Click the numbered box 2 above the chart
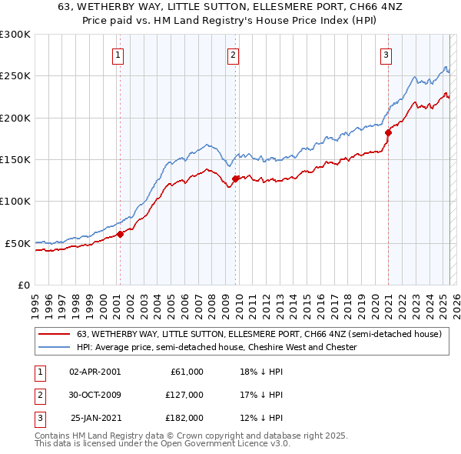coord(232,55)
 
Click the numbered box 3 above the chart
coord(385,55)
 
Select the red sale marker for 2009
coord(236,179)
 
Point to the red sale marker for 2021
coord(388,133)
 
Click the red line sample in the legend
coord(54,335)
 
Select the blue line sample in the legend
coord(54,347)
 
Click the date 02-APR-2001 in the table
coord(95,372)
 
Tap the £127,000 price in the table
coord(184,395)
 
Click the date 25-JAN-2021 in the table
coord(95,418)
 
